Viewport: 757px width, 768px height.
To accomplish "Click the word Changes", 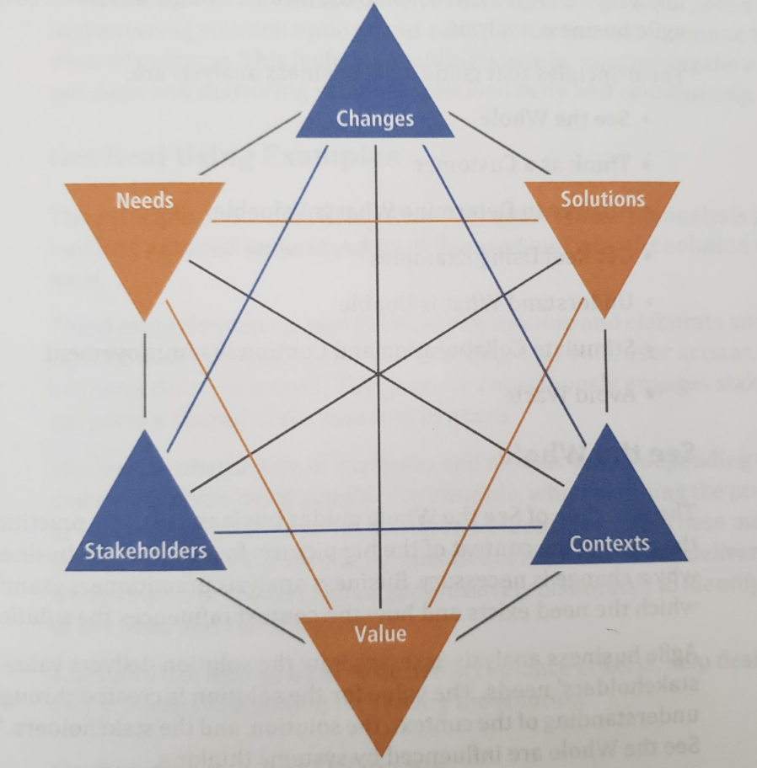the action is (x=375, y=119).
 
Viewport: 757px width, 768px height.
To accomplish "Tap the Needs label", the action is (x=146, y=200).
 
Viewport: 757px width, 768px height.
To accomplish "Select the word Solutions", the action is (x=603, y=199).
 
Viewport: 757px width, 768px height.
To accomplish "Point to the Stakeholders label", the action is (x=146, y=551).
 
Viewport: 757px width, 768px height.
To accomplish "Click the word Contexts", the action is (x=609, y=543).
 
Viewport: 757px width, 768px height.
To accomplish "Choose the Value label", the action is (x=381, y=633).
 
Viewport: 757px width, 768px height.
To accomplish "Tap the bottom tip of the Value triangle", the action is (x=382, y=754).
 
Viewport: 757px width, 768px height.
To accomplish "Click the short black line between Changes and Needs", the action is (x=250, y=143).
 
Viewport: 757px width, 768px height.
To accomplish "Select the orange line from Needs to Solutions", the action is (x=375, y=221).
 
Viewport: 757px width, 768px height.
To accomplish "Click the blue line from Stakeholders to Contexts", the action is (x=375, y=530).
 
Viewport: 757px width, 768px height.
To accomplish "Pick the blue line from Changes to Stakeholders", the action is (x=244, y=295).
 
